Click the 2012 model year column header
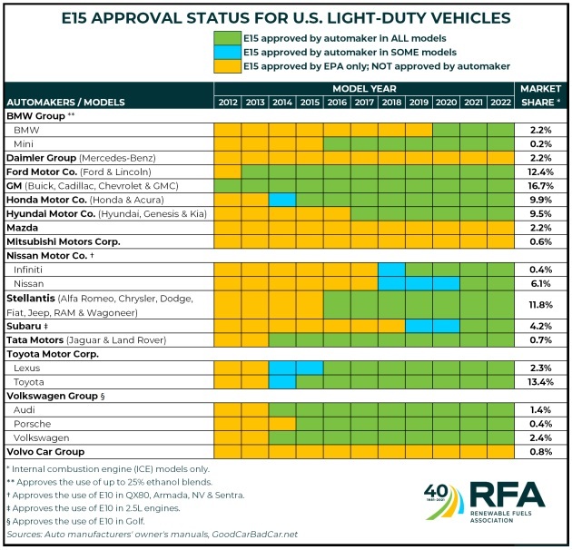pos(227,102)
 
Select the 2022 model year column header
pos(500,102)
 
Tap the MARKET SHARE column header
pos(540,95)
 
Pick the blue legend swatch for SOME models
pos(229,52)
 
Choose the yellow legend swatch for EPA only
pos(229,65)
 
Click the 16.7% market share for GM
pos(540,184)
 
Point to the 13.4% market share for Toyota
pos(540,382)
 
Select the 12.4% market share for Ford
pos(540,171)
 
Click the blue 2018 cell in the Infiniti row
pos(391,269)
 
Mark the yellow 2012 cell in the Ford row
pos(227,171)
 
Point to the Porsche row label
pos(34,424)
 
